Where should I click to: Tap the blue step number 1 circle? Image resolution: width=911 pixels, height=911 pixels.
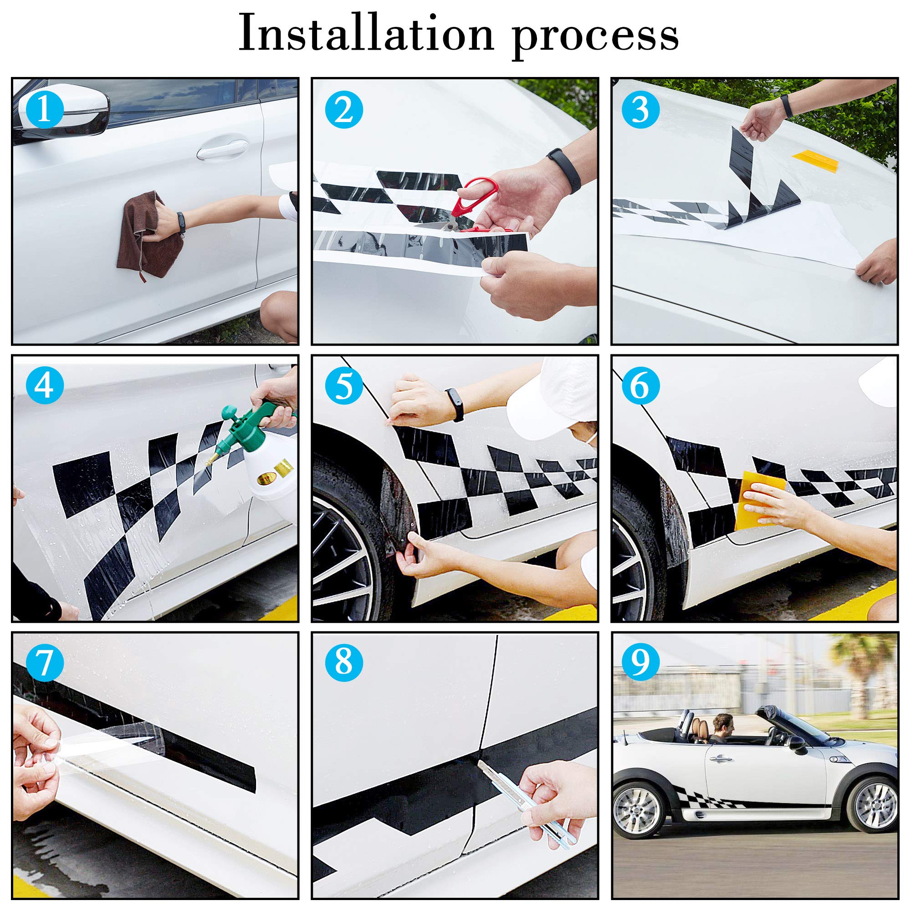[44, 109]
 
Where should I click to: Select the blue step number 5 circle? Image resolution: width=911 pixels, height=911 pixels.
[344, 385]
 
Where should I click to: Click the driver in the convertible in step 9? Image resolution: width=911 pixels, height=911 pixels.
[722, 728]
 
